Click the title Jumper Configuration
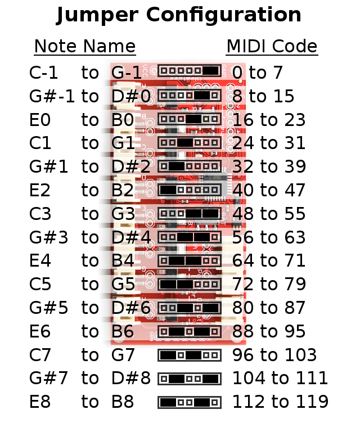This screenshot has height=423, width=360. tap(179, 15)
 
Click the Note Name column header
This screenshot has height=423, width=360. tap(85, 47)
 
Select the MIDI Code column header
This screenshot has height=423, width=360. tap(272, 47)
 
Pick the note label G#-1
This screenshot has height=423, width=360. tap(52, 96)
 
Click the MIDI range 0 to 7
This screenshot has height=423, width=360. tap(257, 73)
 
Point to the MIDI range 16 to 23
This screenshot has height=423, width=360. tap(269, 120)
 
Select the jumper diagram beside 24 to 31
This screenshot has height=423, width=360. tap(189, 143)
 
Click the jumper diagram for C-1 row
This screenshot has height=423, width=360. tap(189, 71)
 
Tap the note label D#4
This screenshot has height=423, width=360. tap(131, 238)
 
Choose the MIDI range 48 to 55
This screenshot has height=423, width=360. tap(269, 214)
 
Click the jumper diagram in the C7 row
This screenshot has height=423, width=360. tap(189, 355)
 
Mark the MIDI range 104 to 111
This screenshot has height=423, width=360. tap(280, 378)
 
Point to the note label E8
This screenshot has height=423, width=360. tap(40, 402)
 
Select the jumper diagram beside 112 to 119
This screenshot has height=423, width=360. tap(189, 403)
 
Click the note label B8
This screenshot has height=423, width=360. tap(123, 402)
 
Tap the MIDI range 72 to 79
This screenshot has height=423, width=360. tap(269, 285)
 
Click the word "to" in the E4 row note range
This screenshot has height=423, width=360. tap(90, 261)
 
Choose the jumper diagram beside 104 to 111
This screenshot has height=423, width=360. tap(189, 379)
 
